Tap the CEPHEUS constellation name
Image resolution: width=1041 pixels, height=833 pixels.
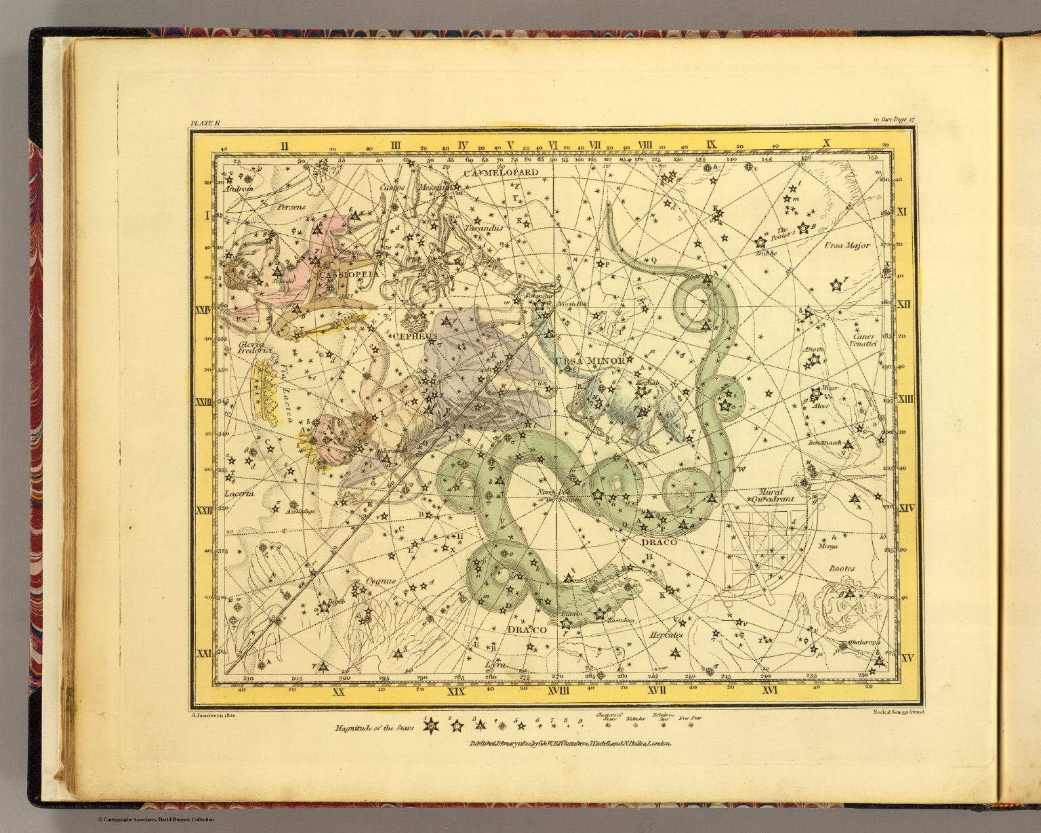click(x=415, y=336)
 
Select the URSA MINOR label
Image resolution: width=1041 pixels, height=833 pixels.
click(x=589, y=361)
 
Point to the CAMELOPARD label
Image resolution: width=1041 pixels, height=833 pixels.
click(x=501, y=172)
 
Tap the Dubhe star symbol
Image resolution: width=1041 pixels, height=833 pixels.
click(x=760, y=242)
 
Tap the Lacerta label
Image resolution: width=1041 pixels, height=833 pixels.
click(x=239, y=493)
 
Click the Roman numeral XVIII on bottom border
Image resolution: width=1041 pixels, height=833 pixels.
click(x=559, y=691)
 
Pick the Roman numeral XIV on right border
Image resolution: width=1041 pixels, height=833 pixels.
click(x=906, y=508)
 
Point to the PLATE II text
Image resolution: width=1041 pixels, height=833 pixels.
click(x=205, y=123)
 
